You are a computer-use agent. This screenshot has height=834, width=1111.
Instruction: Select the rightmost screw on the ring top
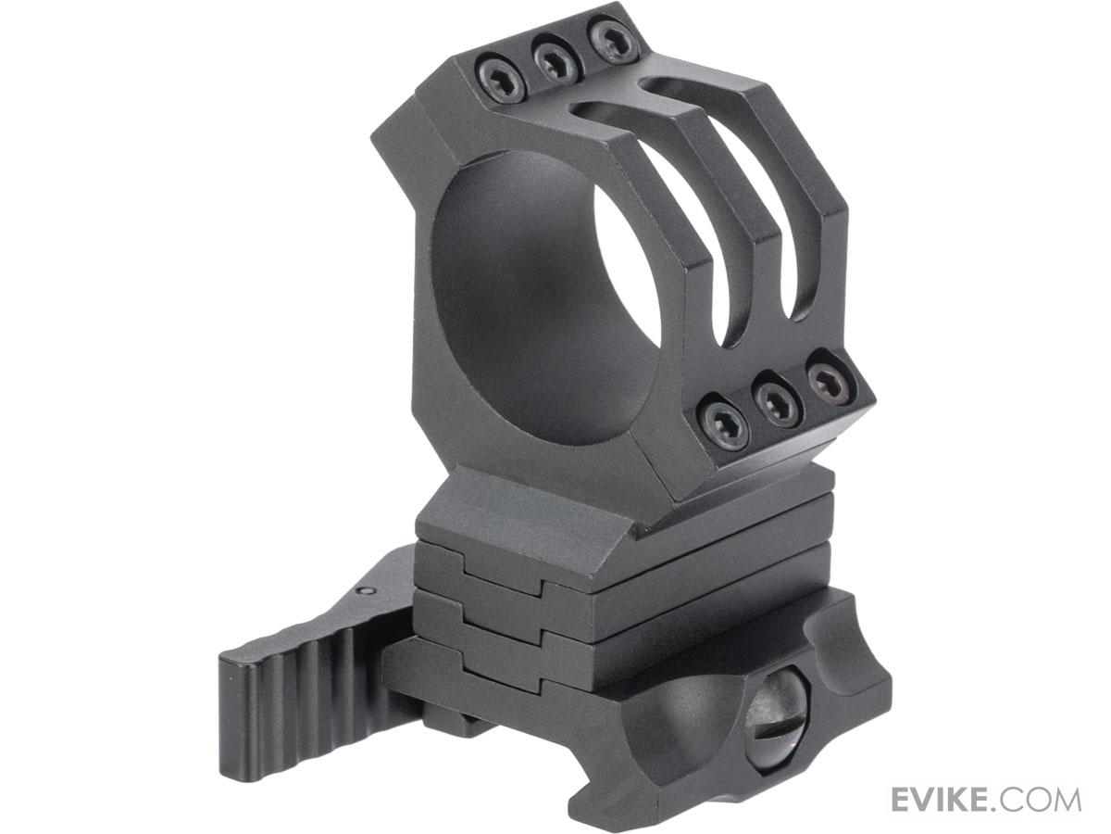coord(613,42)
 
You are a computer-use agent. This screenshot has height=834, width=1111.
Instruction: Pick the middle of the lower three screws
coord(778,400)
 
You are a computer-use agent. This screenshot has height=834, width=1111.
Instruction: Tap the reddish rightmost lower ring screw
coord(830,380)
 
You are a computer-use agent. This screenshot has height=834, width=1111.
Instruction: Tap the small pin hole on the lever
coord(369,589)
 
